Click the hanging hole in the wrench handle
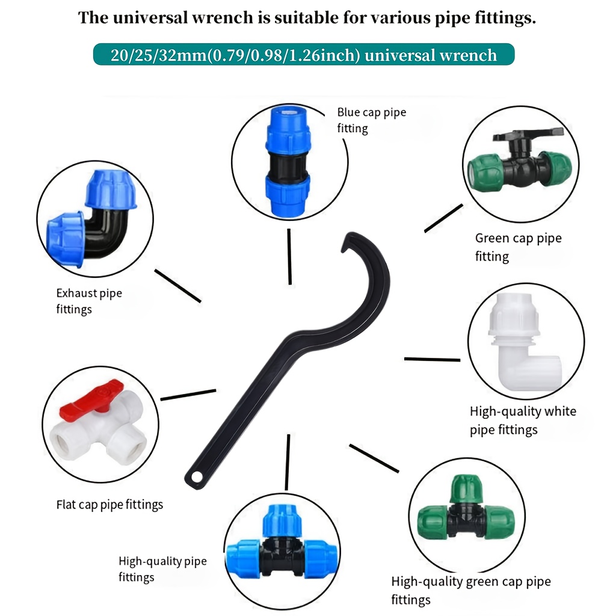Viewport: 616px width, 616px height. tap(197, 476)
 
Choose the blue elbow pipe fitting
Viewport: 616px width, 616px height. tap(91, 219)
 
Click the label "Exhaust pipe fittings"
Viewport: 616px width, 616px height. tap(89, 301)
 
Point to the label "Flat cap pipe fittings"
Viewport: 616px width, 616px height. tap(109, 505)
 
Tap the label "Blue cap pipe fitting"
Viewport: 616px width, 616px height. tap(371, 120)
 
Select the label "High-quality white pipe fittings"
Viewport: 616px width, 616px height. tap(523, 420)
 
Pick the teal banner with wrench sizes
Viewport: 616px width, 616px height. tap(304, 55)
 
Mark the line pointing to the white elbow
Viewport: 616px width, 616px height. tap(432, 359)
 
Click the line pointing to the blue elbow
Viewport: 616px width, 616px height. tap(177, 286)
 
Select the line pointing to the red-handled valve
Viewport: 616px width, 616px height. tap(188, 395)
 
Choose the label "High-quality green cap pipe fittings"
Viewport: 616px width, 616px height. tap(470, 591)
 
